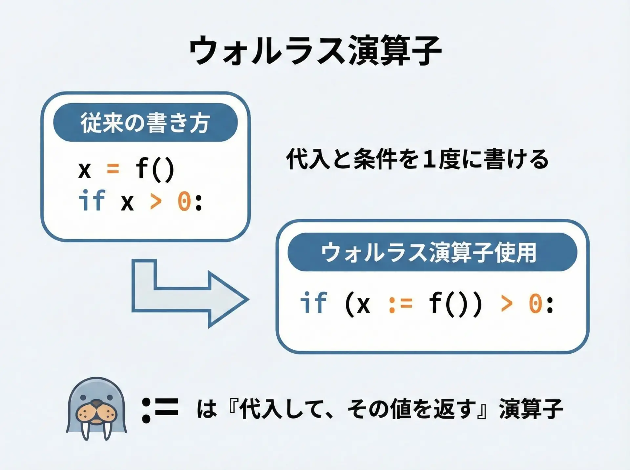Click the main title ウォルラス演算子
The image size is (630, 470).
pos(315,51)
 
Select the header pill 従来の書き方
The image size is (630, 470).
pos(145,123)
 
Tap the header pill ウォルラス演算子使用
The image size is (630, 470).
pos(432,252)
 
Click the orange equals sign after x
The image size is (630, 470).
pos(113,169)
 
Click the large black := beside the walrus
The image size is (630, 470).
pos(160,409)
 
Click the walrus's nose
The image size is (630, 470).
pos(96,403)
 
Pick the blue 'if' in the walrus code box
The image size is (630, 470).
pos(313,303)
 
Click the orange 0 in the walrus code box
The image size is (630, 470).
pos(535,304)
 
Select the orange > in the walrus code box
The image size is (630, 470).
pos(507,304)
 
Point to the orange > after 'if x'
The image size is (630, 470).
pos(156,201)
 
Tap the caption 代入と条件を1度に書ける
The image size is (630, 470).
pos(417,159)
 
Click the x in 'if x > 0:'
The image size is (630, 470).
pos(127,202)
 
